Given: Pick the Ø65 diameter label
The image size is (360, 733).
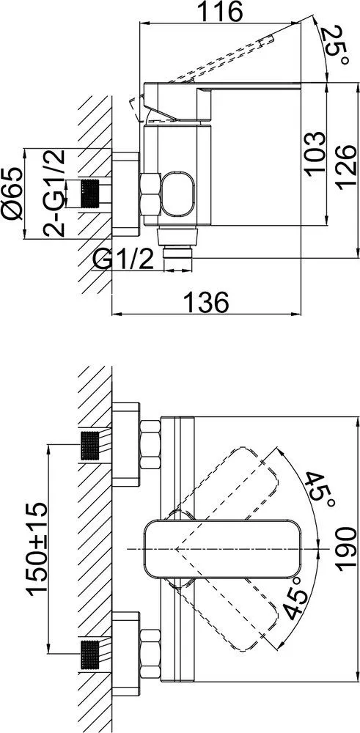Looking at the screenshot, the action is click(x=12, y=193).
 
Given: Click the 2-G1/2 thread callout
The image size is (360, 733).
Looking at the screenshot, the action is click(x=54, y=193).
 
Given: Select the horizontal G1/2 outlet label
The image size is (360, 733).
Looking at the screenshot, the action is click(x=123, y=259).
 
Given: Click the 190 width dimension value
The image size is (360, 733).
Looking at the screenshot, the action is click(x=347, y=548).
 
